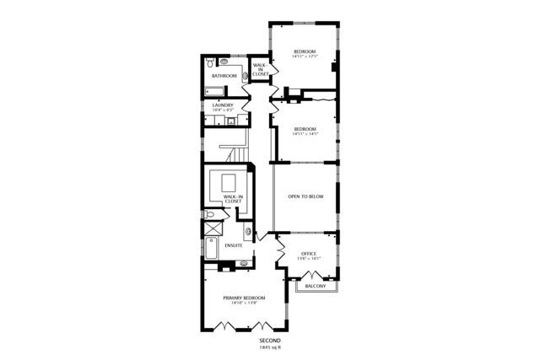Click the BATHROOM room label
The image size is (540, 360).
224,77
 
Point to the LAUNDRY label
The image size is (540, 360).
223,105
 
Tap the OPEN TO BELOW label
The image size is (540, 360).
305,196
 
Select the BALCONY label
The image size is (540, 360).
315,287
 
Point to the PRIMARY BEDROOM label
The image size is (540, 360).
245,298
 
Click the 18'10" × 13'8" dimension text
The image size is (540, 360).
245,304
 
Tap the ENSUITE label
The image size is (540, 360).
234,245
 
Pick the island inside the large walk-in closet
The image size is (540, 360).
229,182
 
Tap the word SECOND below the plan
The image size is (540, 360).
270,341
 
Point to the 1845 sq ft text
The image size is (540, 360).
270,347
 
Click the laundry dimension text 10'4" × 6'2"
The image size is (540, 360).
223,110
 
